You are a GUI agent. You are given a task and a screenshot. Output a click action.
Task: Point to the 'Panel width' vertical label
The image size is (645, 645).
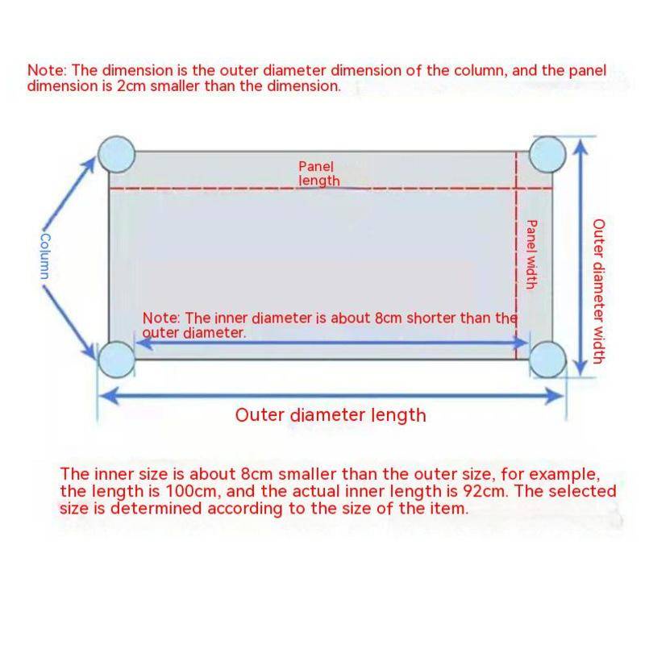point(531,253)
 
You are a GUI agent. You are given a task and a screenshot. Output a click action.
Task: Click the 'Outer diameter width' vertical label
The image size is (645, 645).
point(598,290)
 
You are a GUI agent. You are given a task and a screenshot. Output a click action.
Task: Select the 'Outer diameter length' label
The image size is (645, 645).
point(330,415)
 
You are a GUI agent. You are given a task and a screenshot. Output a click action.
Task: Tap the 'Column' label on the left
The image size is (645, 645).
point(46,256)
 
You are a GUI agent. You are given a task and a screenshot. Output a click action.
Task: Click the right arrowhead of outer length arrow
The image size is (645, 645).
point(556,395)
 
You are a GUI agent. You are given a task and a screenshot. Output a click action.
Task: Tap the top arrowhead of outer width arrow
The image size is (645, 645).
point(580,144)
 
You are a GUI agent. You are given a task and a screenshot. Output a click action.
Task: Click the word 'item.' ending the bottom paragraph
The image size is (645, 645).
point(448,509)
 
